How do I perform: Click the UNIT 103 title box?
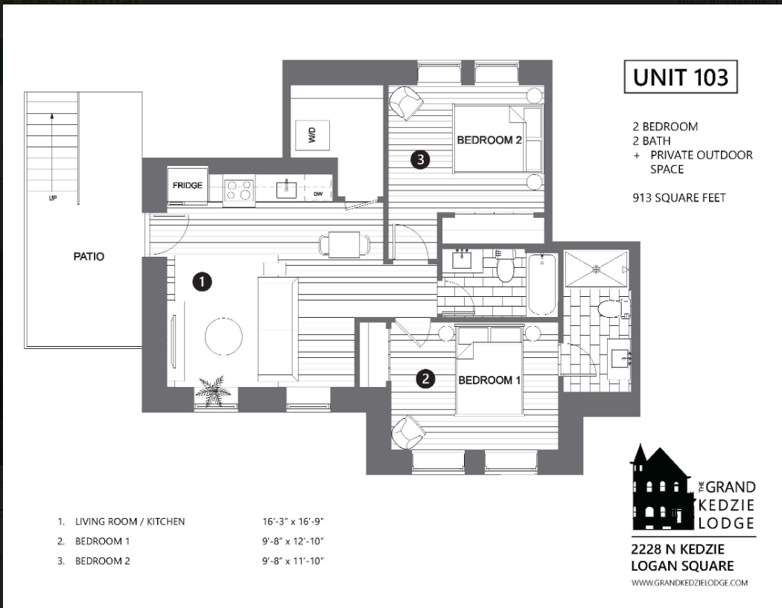(681, 77)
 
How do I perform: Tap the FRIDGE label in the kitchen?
(188, 185)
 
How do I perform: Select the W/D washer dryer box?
(313, 135)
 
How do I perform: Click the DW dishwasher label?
(318, 194)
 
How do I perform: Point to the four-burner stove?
(239, 189)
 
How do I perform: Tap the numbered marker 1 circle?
(202, 281)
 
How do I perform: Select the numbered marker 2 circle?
(425, 379)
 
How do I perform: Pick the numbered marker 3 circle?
(421, 159)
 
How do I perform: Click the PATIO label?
(89, 257)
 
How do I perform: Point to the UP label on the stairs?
(53, 198)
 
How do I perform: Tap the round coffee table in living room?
(224, 336)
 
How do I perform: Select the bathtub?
(541, 284)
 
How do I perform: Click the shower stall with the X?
(596, 269)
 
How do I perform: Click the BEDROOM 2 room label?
(489, 140)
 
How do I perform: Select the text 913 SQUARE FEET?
(679, 198)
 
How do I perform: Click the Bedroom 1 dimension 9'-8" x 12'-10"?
(293, 541)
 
